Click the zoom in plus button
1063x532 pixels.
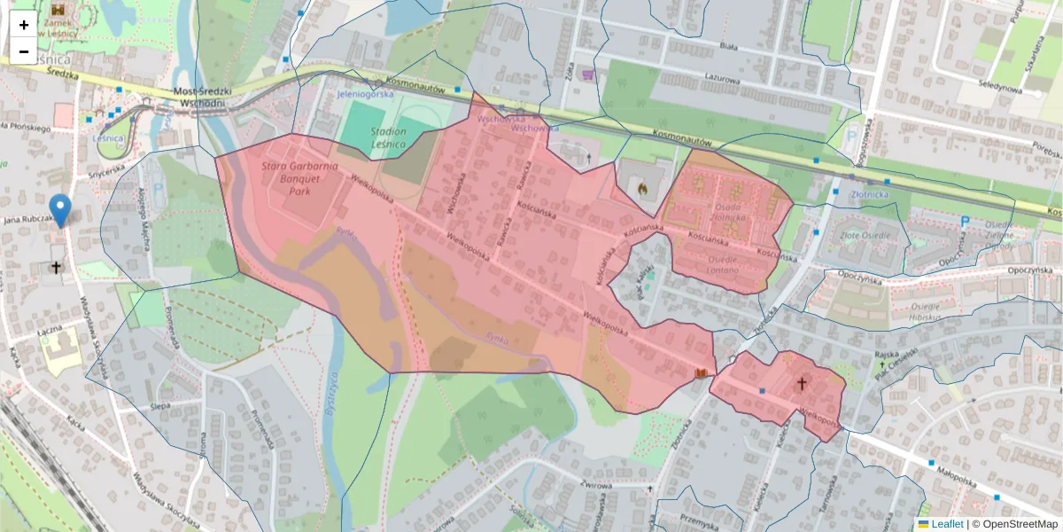tap(24, 25)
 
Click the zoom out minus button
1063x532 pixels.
tap(24, 51)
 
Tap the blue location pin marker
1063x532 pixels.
tap(60, 210)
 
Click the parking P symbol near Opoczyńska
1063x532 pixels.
tap(965, 222)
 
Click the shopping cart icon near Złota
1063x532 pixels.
tap(586, 75)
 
